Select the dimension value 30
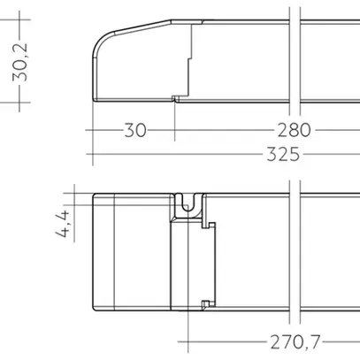[134, 130]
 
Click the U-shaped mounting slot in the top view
[187, 204]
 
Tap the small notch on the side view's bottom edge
[177, 98]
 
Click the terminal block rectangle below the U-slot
[190, 265]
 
